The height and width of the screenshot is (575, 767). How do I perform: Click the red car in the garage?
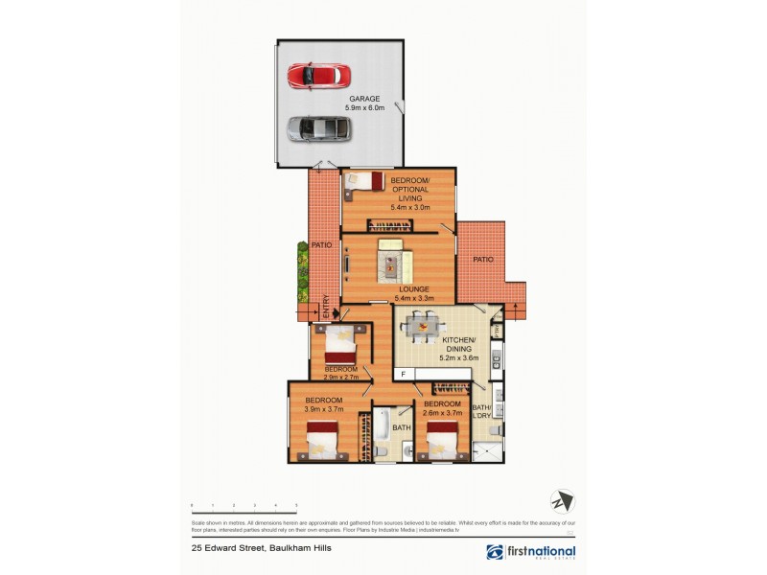tap(319, 75)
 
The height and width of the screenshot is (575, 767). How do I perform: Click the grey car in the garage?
tap(318, 127)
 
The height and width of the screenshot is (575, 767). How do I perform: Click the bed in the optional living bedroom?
tap(365, 180)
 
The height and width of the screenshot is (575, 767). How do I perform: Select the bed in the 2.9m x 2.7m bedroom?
tap(340, 343)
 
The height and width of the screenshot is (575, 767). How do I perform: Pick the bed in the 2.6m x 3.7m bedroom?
tap(442, 445)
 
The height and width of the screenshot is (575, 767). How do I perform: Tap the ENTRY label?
tap(327, 307)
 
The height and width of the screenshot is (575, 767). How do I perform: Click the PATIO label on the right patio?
tap(482, 259)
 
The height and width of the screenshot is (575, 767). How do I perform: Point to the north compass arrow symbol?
tap(561, 501)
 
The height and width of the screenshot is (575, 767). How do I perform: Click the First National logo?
tap(531, 552)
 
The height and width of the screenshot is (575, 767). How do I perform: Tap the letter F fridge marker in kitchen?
tap(404, 373)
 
